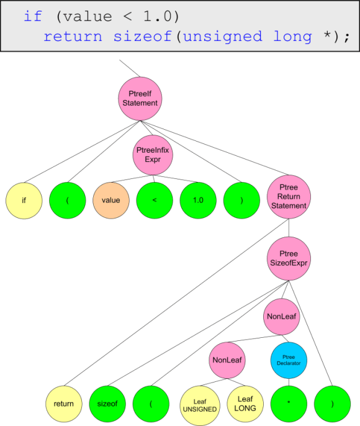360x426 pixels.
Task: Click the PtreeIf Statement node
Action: pyautogui.click(x=140, y=98)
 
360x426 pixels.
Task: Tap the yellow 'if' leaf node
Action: pyautogui.click(x=24, y=201)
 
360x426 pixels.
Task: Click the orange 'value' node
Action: pyautogui.click(x=110, y=201)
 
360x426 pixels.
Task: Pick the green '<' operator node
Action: pyautogui.click(x=154, y=201)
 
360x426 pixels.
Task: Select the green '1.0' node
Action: pyautogui.click(x=198, y=201)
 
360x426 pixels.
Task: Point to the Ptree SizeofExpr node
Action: pyautogui.click(x=289, y=258)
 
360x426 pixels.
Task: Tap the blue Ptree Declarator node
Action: pyautogui.click(x=289, y=360)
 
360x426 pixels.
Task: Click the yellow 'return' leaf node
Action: pyautogui.click(x=63, y=404)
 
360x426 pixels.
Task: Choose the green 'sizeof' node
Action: pyautogui.click(x=107, y=404)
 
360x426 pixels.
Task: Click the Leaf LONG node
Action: pyautogui.click(x=244, y=404)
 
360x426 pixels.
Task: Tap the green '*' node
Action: pyautogui.click(x=289, y=404)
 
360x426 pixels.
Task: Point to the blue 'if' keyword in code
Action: pyautogui.click(x=33, y=16)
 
